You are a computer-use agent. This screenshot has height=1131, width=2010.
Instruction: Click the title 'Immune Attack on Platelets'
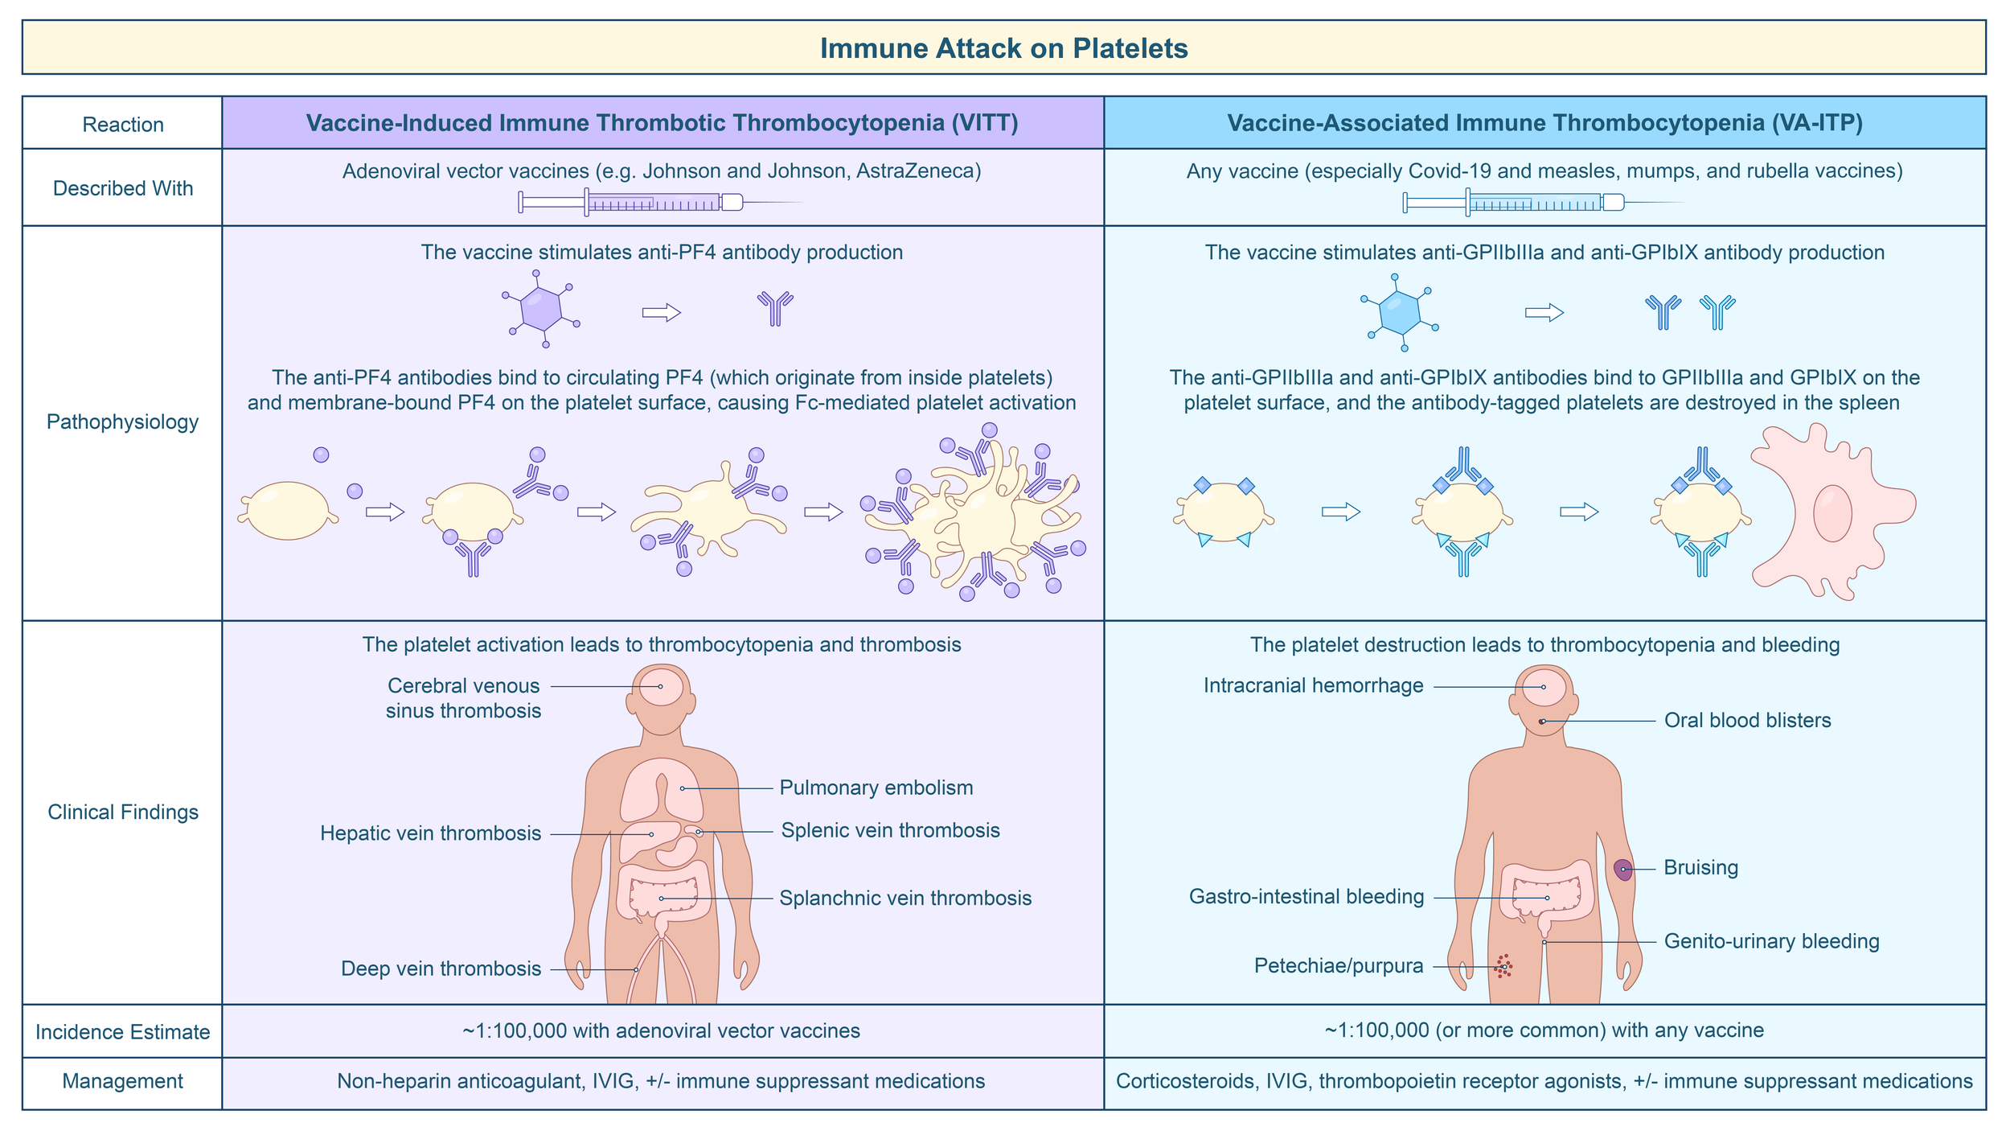point(1003,48)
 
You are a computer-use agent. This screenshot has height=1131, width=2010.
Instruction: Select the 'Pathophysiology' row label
point(122,422)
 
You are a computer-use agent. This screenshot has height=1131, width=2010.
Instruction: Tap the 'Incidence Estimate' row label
point(122,1032)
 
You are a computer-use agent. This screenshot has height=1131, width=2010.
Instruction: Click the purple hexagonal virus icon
point(541,309)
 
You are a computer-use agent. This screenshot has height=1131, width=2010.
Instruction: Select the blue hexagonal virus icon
point(1399,312)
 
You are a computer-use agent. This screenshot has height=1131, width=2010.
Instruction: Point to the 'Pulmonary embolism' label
point(876,788)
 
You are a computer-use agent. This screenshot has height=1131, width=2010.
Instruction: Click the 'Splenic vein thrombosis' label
point(890,830)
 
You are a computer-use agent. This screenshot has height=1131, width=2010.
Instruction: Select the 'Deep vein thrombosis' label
point(441,969)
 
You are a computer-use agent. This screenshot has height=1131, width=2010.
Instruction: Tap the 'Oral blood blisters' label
point(1747,720)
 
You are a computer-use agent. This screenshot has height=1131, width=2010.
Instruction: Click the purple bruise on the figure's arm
point(1623,870)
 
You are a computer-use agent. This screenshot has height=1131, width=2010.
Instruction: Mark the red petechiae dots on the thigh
point(1503,966)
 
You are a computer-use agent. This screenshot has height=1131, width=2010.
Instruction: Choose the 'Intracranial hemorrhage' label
point(1313,685)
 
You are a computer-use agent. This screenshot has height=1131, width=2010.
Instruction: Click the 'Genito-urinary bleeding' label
point(1771,941)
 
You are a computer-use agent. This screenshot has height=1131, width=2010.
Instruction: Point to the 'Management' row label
point(122,1081)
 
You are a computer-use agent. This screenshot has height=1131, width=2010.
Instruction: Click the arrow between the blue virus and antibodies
point(1544,312)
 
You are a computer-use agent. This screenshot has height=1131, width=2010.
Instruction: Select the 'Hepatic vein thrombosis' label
point(430,833)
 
